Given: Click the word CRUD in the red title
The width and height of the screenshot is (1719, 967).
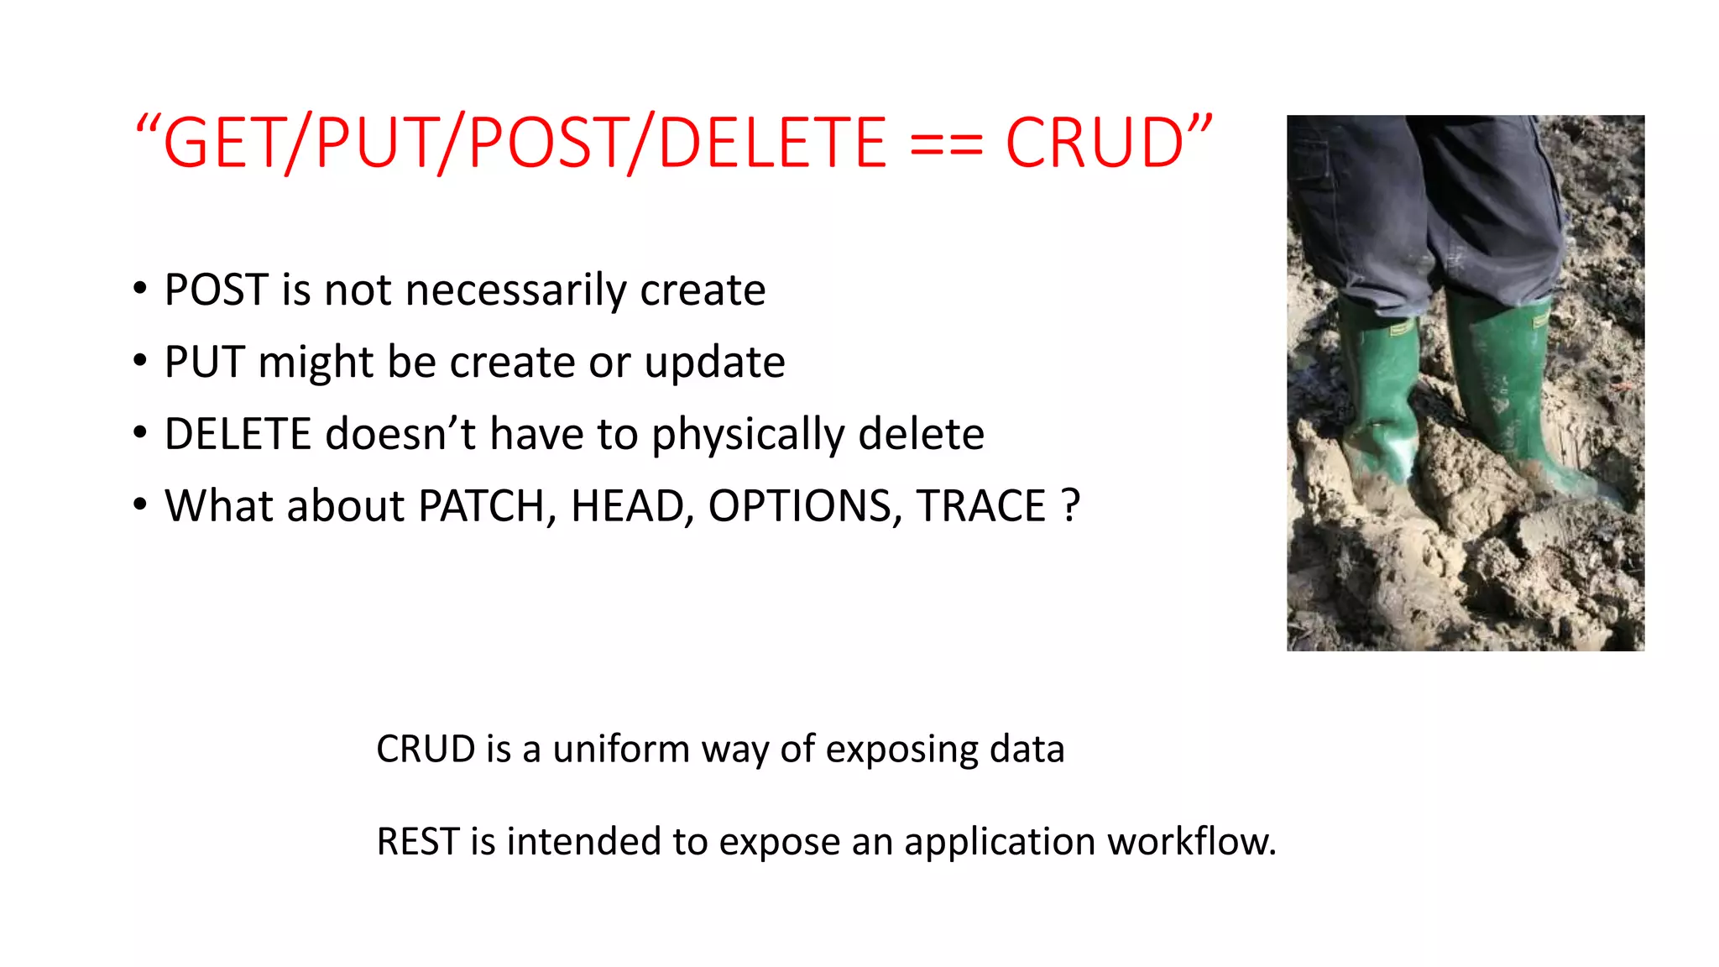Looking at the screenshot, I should coord(1095,143).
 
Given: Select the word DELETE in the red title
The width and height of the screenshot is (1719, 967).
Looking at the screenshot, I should coord(771,143).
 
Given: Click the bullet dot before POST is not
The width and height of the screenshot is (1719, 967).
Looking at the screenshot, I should coord(140,289).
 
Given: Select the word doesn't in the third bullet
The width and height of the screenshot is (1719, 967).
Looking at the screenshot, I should coord(400,434).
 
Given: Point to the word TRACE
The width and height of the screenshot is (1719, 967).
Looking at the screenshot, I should coord(980,506).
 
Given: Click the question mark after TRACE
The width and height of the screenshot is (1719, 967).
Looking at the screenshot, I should coord(1070,506).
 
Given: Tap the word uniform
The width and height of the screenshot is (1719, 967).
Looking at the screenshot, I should coord(620,749).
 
